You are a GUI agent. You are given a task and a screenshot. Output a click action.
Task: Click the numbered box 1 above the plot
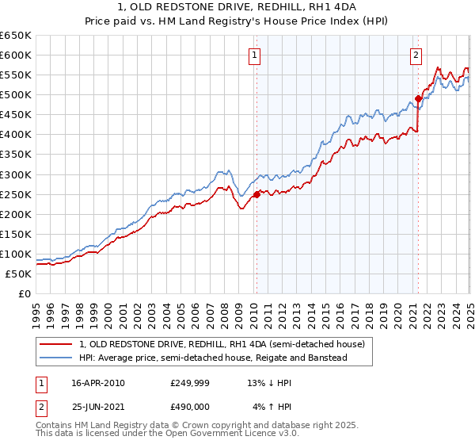tap(255, 55)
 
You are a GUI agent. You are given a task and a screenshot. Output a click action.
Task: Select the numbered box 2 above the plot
tap(416, 55)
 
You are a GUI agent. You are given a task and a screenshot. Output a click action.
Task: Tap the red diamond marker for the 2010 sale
tap(256, 193)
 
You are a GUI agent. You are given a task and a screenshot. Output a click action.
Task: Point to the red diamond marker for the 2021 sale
tap(418, 98)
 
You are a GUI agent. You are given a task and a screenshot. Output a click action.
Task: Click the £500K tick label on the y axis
tap(15, 95)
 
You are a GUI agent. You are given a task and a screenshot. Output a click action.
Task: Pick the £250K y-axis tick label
tap(15, 194)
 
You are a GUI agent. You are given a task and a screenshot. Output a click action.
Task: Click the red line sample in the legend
tap(57, 345)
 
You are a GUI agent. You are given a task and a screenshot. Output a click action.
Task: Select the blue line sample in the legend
tap(57, 358)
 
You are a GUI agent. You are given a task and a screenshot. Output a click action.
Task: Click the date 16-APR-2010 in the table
tap(97, 383)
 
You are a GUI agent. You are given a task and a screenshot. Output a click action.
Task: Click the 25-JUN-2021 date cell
tap(97, 407)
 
